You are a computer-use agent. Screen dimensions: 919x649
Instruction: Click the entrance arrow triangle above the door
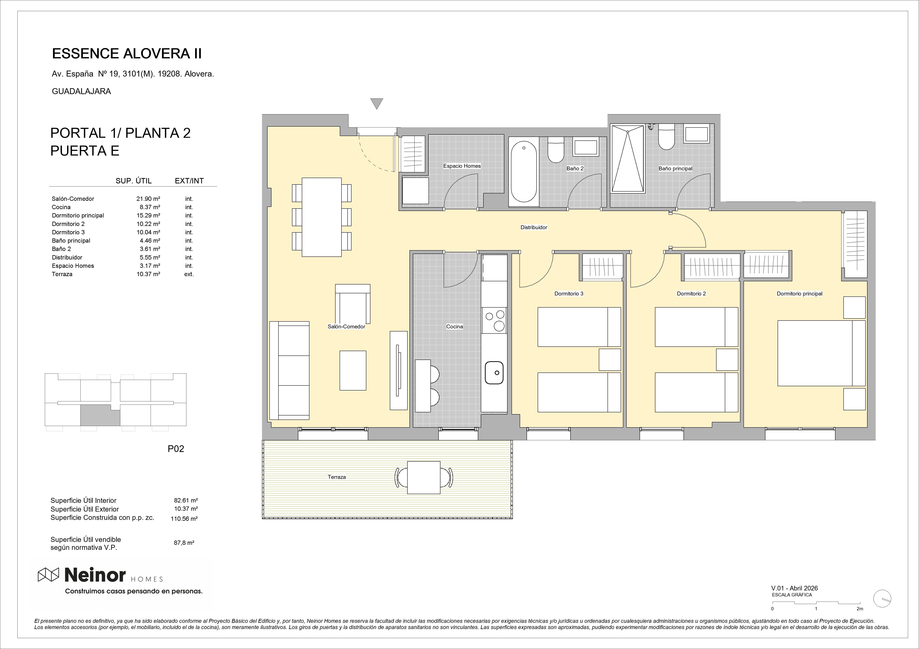[x=377, y=103]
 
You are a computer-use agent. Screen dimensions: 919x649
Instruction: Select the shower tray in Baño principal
[x=628, y=159]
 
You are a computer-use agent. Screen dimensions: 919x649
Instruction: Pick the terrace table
[x=424, y=477]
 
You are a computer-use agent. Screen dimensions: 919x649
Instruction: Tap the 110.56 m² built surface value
[x=184, y=519]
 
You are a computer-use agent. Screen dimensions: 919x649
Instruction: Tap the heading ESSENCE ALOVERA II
[x=127, y=54]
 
